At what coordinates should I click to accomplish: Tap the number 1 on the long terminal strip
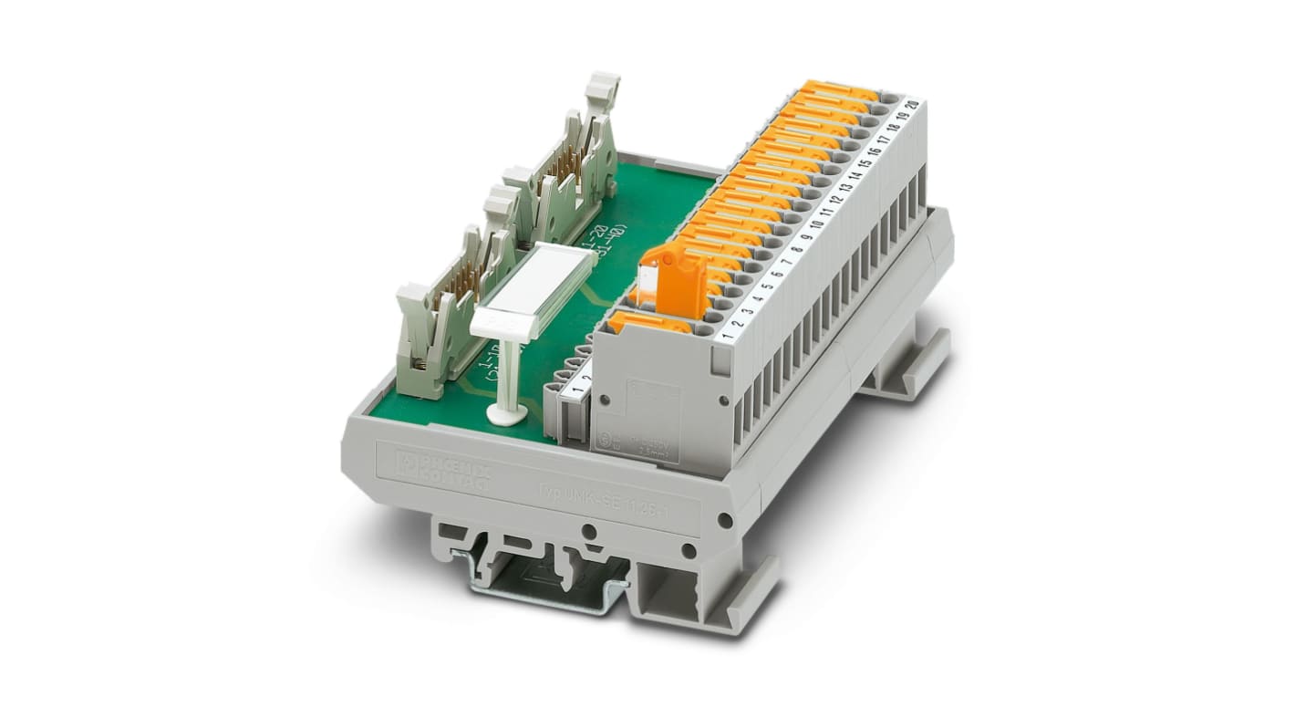click(x=727, y=336)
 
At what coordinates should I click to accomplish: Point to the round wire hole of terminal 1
click(x=701, y=328)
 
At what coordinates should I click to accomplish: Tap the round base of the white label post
click(x=505, y=416)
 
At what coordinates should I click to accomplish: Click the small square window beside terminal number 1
click(x=720, y=362)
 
